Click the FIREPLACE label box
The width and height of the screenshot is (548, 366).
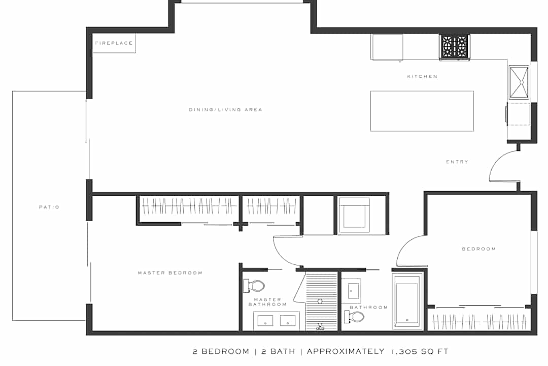coord(114,43)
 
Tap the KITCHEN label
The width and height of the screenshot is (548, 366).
coord(422,76)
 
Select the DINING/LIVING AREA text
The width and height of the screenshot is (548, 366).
coord(225,110)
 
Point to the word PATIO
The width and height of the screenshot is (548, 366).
coord(49,207)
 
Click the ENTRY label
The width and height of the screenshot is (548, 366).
coord(457,162)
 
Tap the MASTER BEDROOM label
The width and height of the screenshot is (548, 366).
coord(170,273)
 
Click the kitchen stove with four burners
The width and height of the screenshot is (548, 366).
coord(454,47)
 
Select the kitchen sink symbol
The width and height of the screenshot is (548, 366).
coord(519,82)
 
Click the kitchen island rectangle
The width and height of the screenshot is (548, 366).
coord(422,111)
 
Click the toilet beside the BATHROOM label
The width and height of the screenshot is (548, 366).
coord(354,317)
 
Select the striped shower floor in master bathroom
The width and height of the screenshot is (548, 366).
coord(322,301)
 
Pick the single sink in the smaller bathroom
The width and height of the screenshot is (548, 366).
coord(351,291)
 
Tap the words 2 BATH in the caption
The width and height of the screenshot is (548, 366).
coord(278,351)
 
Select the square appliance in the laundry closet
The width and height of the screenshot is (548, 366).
coord(354,215)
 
